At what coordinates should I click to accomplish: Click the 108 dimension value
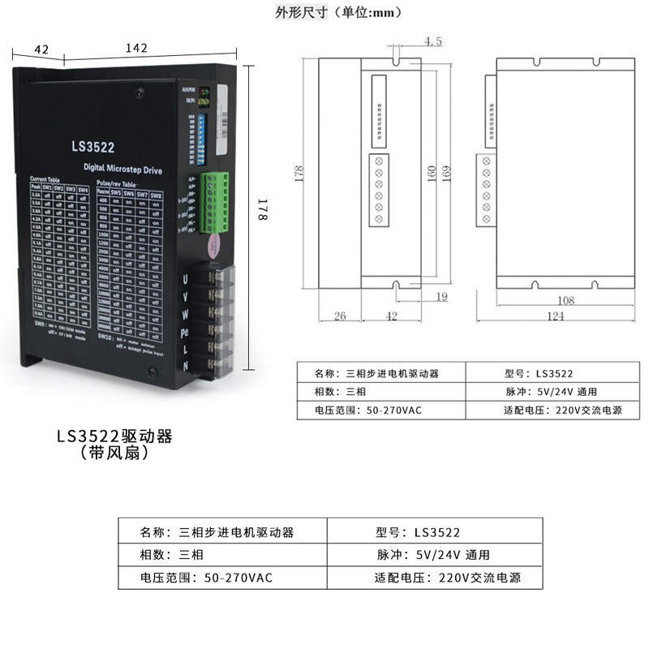click(x=565, y=301)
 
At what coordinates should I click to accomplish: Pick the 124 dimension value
click(x=555, y=317)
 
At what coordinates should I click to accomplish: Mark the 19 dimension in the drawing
click(x=441, y=298)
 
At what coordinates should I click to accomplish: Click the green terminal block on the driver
click(x=214, y=203)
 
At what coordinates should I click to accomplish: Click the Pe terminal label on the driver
click(x=186, y=333)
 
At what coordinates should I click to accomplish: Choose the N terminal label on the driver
click(x=186, y=367)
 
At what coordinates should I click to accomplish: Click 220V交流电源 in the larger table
click(x=479, y=578)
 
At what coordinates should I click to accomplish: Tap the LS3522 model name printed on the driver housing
click(x=92, y=147)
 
